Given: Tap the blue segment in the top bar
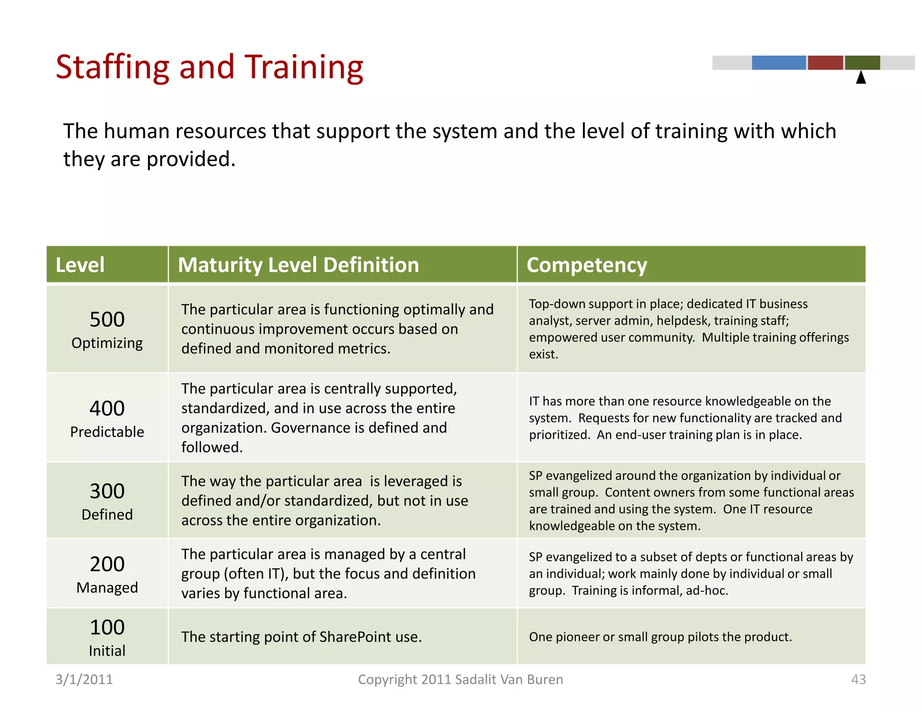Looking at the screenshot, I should click(x=778, y=63).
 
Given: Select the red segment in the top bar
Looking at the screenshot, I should click(x=825, y=63).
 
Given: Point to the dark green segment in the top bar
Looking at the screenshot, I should click(x=862, y=63).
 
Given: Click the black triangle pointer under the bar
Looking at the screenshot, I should click(x=861, y=78).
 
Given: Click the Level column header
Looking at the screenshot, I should click(x=80, y=265).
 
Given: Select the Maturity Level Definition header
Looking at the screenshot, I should click(x=298, y=265).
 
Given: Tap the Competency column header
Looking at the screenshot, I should click(x=587, y=265).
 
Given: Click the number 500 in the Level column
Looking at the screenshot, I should click(x=107, y=320).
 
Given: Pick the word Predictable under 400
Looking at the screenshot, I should click(x=107, y=432).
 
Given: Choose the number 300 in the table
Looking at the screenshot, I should click(x=107, y=491).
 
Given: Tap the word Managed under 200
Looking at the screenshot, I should click(x=107, y=588).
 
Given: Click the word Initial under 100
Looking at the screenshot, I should click(x=107, y=651).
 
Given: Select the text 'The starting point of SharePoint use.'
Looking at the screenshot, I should click(x=301, y=637).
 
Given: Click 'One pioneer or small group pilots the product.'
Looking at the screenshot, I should click(x=660, y=637).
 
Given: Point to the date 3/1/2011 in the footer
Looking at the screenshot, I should click(x=84, y=679).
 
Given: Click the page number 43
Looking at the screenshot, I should click(x=858, y=679).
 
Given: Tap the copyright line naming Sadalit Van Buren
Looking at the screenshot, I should click(x=460, y=679).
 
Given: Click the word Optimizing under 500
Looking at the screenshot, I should click(x=107, y=343).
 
